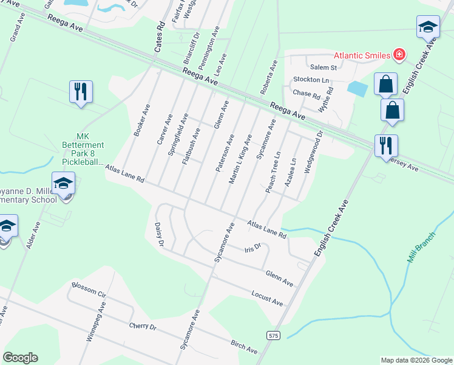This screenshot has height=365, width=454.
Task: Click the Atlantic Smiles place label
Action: pyautogui.click(x=360, y=55)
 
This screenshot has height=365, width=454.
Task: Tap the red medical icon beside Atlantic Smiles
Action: pyautogui.click(x=399, y=55)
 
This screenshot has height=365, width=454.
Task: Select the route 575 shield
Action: pyautogui.click(x=273, y=335)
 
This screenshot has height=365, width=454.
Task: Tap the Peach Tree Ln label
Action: pyautogui.click(x=273, y=172)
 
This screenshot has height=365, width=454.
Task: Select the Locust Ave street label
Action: pyautogui.click(x=267, y=298)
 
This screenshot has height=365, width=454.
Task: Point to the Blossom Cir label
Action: pyautogui.click(x=89, y=290)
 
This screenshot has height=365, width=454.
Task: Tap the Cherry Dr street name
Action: pyautogui.click(x=143, y=326)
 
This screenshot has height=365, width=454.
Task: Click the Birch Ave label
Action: pyautogui.click(x=244, y=347)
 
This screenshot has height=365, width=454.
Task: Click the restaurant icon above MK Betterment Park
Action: pyautogui.click(x=81, y=92)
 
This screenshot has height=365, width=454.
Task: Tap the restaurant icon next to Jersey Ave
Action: pyautogui.click(x=385, y=146)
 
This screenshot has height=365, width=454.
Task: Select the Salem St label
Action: pyautogui.click(x=324, y=67)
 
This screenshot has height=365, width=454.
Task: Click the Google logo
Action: pyautogui.click(x=20, y=358)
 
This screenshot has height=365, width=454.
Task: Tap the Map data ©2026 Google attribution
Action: pyautogui.click(x=416, y=360)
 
